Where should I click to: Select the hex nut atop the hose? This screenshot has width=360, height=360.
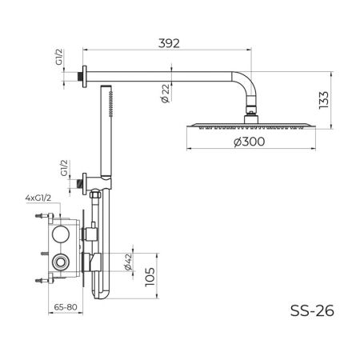point(96,193)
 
